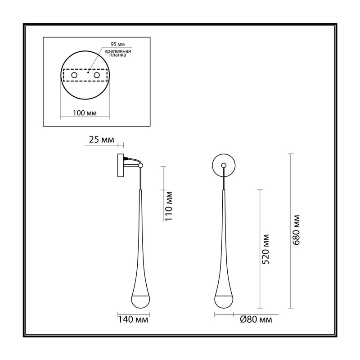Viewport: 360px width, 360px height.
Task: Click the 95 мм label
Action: pos(118,44)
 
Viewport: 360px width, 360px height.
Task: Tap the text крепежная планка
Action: pos(117,53)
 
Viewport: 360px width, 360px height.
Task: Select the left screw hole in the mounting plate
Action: pos(74,75)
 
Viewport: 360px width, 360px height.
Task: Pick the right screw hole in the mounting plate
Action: pos(97,75)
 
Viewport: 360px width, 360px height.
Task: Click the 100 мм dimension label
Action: pos(85,113)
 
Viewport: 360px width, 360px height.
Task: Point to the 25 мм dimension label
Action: pos(101,139)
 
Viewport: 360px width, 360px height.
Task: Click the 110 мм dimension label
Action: pos(169,206)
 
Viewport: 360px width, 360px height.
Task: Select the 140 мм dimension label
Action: pos(133,319)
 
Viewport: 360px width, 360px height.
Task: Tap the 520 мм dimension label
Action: pos(265,249)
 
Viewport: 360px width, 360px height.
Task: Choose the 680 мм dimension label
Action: pos(297,230)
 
